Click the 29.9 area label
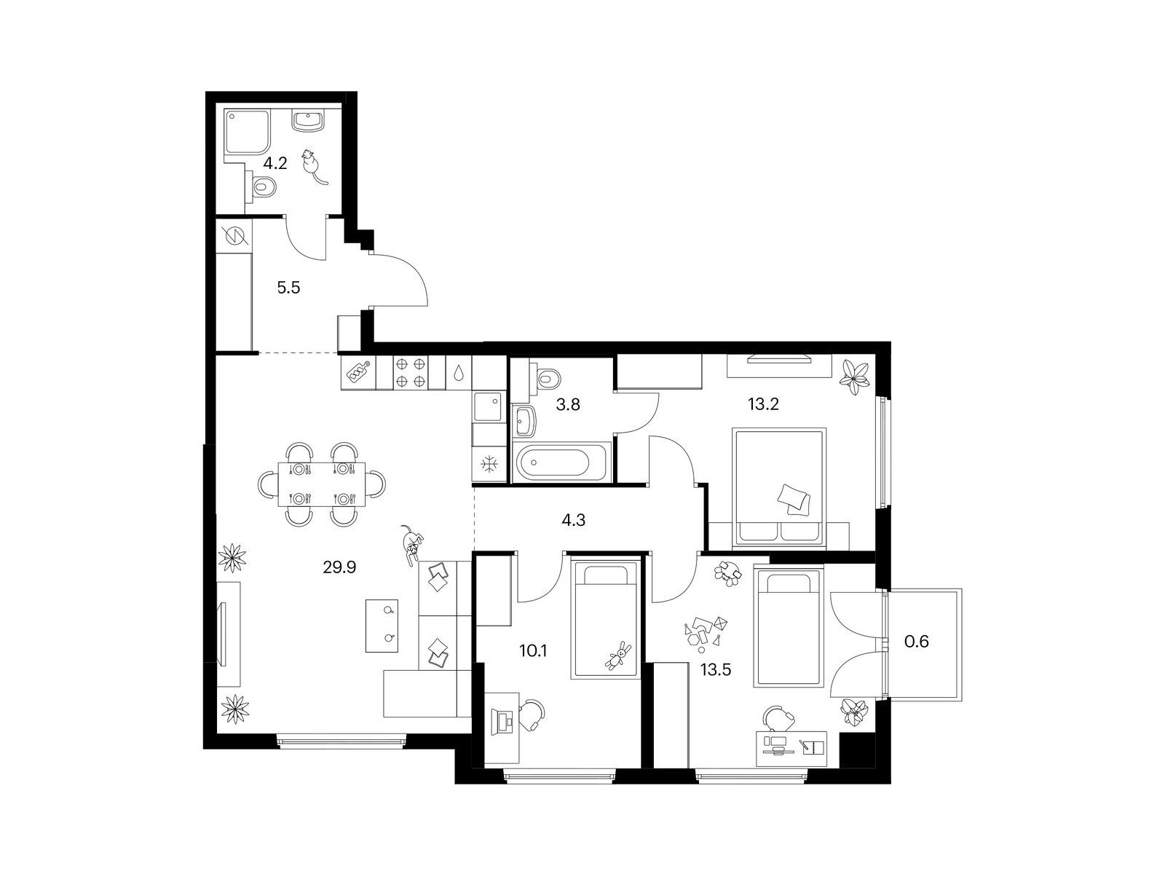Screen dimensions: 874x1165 [339, 566]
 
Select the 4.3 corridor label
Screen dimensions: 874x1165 [574, 520]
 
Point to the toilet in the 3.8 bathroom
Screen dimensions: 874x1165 [546, 378]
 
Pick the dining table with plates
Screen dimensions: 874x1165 [323, 484]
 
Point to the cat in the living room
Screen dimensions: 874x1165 [412, 543]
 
